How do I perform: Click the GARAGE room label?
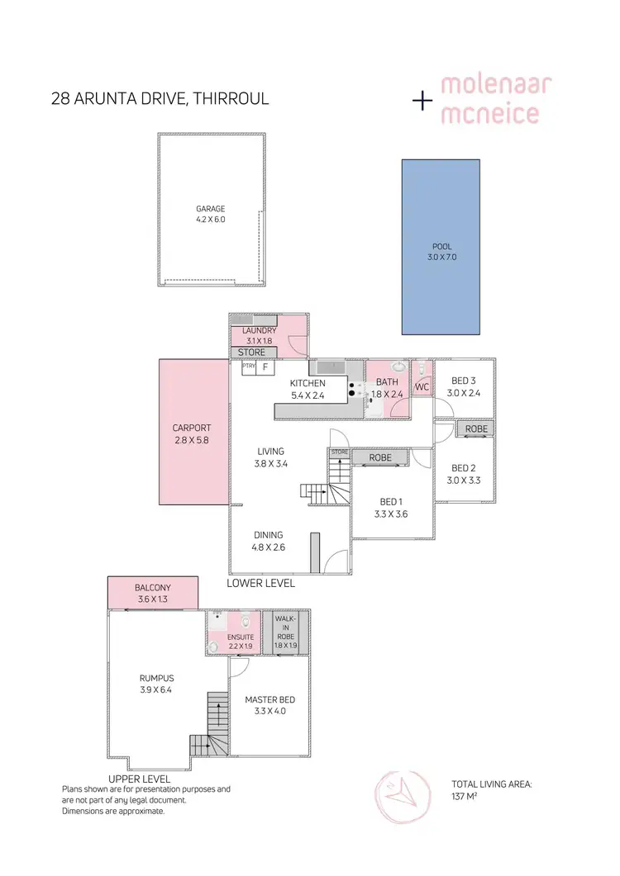210,209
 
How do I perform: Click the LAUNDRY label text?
259,330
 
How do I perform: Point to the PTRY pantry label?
248,365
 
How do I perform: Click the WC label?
422,386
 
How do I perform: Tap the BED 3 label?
464,381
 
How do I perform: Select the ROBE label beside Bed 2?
475,429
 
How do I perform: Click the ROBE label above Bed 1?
380,457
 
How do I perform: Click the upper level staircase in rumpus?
213,727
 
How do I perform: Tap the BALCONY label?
152,588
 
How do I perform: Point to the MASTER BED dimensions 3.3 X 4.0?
269,711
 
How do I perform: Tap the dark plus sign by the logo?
422,100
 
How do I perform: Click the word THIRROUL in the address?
234,100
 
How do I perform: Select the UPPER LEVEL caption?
139,779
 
